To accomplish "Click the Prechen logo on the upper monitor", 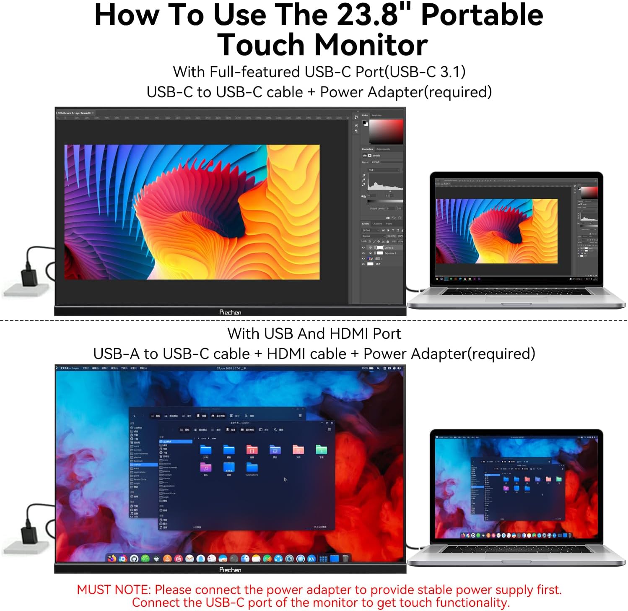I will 230,312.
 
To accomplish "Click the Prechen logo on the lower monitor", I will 230,570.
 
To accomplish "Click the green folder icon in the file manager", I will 321,450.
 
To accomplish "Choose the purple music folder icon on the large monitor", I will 206,467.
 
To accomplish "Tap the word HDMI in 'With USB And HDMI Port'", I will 349,334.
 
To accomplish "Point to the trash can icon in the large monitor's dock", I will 345,558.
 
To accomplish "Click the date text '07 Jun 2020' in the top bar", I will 224,368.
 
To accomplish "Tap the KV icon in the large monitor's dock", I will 311,559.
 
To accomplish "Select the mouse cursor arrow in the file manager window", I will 285,479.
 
